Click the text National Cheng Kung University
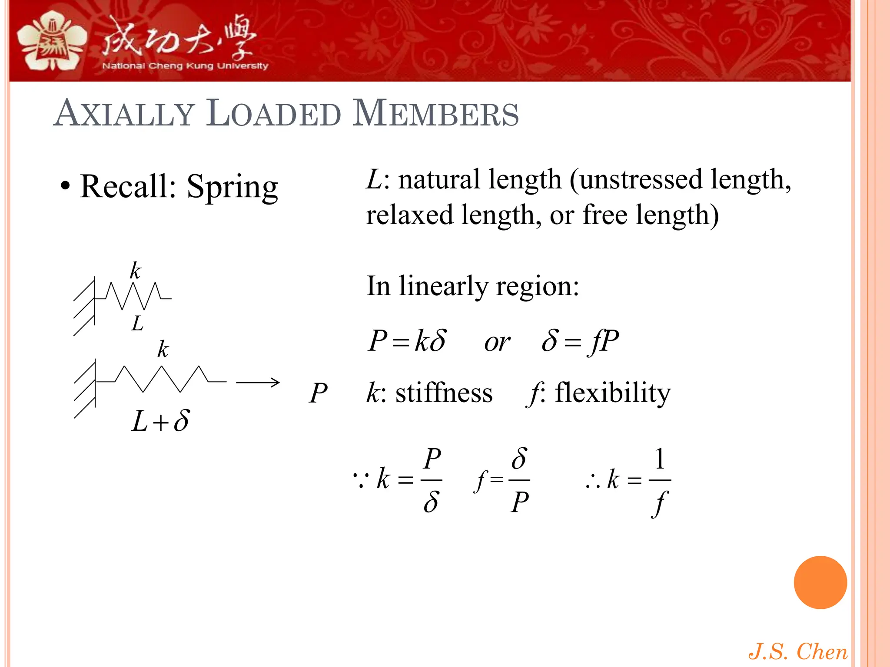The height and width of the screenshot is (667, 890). tap(185, 66)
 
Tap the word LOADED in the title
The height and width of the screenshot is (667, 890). tap(274, 114)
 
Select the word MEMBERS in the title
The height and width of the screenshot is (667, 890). tap(435, 114)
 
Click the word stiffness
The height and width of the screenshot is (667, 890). tap(444, 393)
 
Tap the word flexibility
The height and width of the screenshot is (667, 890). tap(613, 393)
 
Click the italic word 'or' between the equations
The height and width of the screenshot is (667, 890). tap(497, 343)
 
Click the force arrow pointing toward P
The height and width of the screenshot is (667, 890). tap(258, 382)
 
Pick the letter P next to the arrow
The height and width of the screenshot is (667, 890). tap(318, 393)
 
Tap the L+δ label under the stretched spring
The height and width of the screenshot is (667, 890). tap(160, 421)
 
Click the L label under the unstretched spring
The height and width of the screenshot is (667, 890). tap(137, 324)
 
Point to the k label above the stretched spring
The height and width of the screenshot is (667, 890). tap(163, 350)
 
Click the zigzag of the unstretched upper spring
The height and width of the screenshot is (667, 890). tap(133, 296)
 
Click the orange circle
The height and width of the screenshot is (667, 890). tap(820, 582)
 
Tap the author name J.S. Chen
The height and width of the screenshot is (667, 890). tap(798, 651)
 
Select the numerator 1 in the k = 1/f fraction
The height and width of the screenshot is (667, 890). tap(660, 459)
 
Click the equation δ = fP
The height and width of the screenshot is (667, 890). tap(580, 341)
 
